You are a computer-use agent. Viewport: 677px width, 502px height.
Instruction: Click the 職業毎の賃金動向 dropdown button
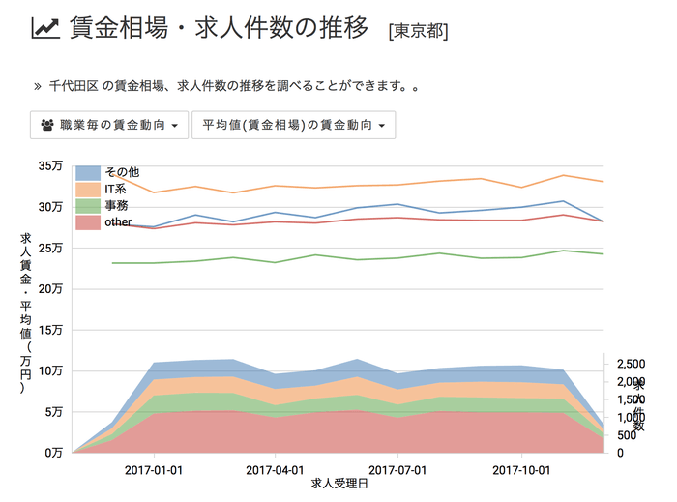coord(109,125)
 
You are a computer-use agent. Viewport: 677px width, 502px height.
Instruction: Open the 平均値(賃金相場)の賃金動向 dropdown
coord(294,125)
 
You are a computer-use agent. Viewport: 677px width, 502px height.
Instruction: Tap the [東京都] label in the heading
coord(417,31)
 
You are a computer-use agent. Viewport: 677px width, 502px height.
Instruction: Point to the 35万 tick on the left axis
coord(50,166)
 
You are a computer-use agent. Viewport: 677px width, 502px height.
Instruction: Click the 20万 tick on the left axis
coord(50,288)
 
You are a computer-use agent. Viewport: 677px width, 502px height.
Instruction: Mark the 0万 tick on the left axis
coord(53,452)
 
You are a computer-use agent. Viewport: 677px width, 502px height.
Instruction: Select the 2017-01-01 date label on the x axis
coord(154,468)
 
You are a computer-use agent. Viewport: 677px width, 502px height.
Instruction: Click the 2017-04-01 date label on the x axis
coord(276,468)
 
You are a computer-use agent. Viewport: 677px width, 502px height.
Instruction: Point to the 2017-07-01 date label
coord(398,468)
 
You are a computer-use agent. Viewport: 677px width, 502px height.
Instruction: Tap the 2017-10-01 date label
coord(521,468)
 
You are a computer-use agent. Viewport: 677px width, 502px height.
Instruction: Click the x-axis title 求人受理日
coord(338,482)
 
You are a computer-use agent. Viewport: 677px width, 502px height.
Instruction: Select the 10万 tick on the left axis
coord(50,370)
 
